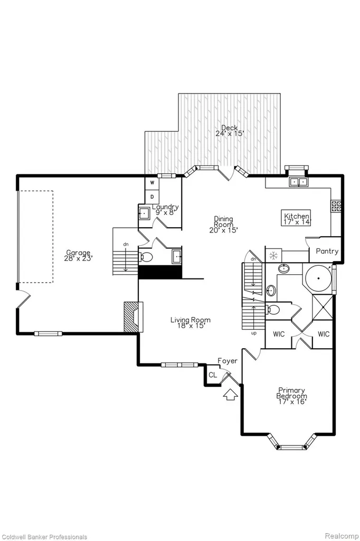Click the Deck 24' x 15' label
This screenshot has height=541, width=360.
pyautogui.click(x=230, y=131)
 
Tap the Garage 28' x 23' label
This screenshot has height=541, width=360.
pyautogui.click(x=78, y=255)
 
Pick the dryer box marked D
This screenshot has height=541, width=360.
pyautogui.click(x=152, y=197)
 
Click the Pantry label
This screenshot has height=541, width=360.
pyautogui.click(x=327, y=251)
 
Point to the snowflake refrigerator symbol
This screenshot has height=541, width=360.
pyautogui.click(x=273, y=256)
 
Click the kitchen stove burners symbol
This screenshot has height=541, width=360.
pyautogui.click(x=336, y=206)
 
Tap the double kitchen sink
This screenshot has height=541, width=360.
pyautogui.click(x=298, y=182)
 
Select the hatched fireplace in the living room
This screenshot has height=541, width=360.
pyautogui.click(x=134, y=317)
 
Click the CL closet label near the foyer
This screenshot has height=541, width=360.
pyautogui.click(x=213, y=375)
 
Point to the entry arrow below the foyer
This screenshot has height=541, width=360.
pyautogui.click(x=230, y=395)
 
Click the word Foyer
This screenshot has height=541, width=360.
pyautogui.click(x=227, y=361)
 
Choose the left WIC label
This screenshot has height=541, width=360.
pyautogui.click(x=279, y=334)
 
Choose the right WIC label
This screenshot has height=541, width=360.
pyautogui.click(x=324, y=334)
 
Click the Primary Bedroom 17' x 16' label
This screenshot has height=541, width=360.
pyautogui.click(x=291, y=396)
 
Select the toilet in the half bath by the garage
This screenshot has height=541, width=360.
pyautogui.click(x=147, y=257)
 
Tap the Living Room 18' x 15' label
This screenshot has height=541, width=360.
pyautogui.click(x=191, y=323)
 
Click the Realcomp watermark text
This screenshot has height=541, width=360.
pyautogui.click(x=342, y=536)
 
